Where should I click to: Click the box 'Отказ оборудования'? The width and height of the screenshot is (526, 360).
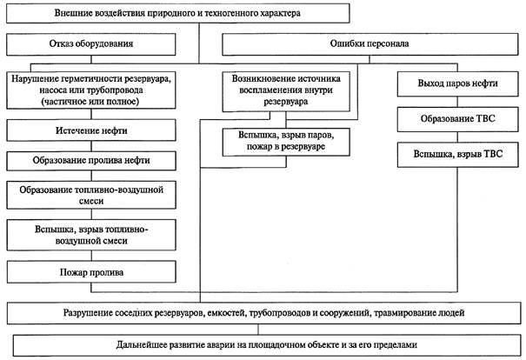(x=91, y=44)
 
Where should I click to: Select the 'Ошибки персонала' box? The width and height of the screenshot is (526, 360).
(x=370, y=44)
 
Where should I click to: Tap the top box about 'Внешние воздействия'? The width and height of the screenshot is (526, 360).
(x=177, y=13)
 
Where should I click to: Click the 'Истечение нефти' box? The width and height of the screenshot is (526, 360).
(x=91, y=130)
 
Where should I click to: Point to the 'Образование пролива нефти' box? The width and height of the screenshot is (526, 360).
(x=91, y=161)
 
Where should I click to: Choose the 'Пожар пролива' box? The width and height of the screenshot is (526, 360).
(x=91, y=272)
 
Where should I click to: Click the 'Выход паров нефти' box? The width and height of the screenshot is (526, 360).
(x=457, y=83)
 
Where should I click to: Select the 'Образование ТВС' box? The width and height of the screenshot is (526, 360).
(x=457, y=119)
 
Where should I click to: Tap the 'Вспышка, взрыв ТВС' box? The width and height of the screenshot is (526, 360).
(x=457, y=154)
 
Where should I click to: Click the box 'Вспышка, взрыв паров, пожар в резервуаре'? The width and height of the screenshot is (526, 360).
(x=286, y=142)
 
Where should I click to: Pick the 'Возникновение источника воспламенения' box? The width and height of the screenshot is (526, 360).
(x=286, y=91)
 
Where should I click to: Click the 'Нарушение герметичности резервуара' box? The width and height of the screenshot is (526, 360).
(x=91, y=90)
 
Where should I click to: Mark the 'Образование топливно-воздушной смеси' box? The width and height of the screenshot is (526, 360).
(x=91, y=196)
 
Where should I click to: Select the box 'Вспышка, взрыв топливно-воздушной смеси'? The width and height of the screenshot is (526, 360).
(x=91, y=235)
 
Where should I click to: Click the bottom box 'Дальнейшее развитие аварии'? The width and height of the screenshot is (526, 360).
(x=267, y=345)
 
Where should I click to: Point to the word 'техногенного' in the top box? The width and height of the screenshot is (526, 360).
(x=228, y=14)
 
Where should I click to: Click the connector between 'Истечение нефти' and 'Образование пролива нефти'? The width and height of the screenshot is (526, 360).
(x=91, y=146)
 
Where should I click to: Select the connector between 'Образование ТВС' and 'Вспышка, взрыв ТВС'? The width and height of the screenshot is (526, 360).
(x=458, y=137)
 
